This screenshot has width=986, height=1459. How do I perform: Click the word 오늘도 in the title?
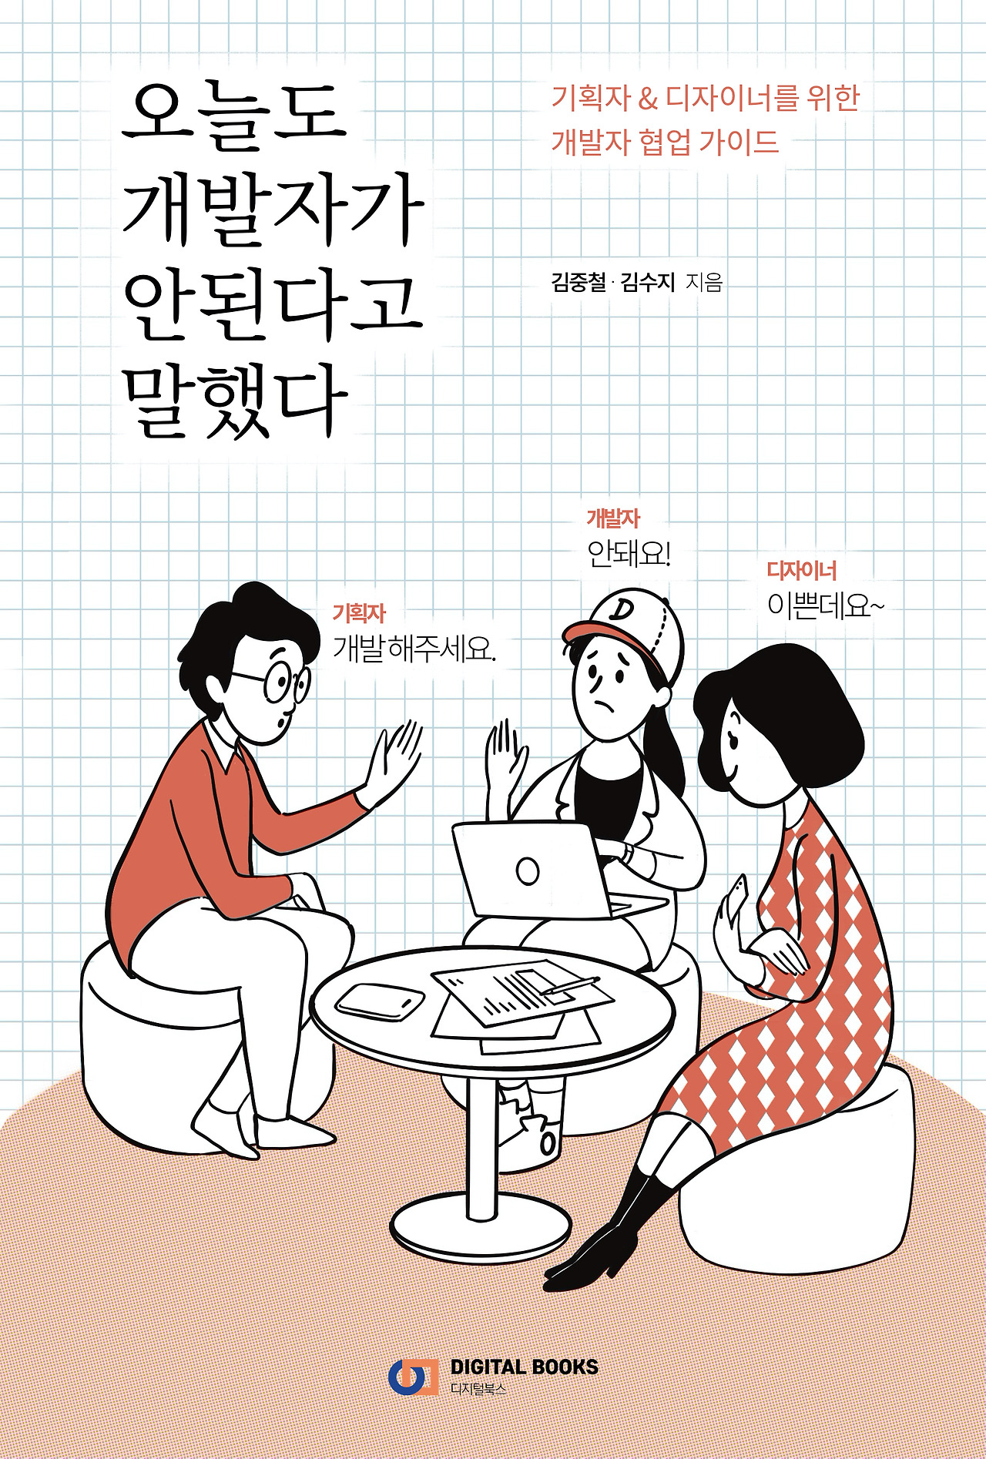click(x=235, y=116)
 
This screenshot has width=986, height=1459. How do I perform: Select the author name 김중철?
click(x=579, y=282)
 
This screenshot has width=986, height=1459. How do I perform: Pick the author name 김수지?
click(x=648, y=282)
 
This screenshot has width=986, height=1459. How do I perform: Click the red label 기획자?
click(x=359, y=614)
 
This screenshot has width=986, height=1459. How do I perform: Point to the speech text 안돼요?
click(x=629, y=554)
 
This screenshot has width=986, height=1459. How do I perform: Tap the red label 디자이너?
click(x=801, y=571)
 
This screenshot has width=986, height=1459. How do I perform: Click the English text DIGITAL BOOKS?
click(x=524, y=1367)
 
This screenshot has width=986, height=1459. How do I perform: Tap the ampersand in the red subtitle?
click(x=648, y=99)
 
